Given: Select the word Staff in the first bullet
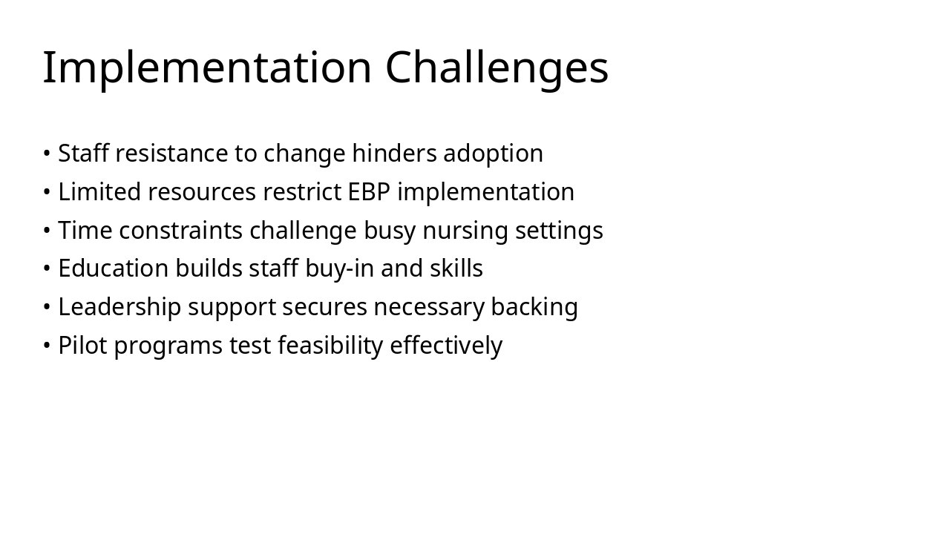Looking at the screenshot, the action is (83, 153).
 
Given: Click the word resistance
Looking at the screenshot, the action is (171, 154).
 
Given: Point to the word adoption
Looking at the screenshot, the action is (494, 154).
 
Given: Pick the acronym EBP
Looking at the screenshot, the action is (369, 192).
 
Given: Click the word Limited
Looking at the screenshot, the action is (99, 191).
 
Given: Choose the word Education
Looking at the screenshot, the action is (114, 268).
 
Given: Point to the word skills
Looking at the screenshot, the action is (456, 268).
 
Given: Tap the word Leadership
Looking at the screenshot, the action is (119, 308).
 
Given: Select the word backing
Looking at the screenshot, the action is (534, 308).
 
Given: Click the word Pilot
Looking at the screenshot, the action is (82, 345).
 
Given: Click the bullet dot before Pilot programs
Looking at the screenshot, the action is (47, 346).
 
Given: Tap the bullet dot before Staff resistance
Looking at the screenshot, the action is (47, 154).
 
